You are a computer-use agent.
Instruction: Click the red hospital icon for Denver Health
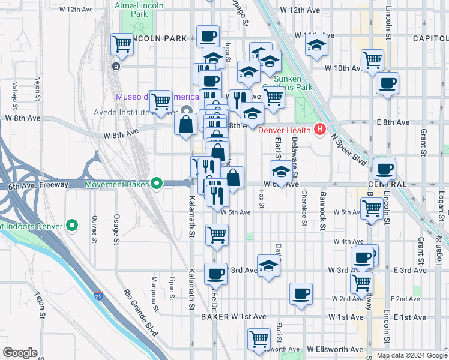coord(320,130)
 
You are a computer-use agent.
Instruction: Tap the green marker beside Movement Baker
coord(157,184)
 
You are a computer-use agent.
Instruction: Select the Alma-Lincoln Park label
coord(140,8)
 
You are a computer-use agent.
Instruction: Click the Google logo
coord(20,353)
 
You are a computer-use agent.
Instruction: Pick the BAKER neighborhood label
coord(215,316)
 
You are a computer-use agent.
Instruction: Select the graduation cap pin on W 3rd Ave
coord(268,265)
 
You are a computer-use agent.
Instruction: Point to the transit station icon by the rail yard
coord(114,65)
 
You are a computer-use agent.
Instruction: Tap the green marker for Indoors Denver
coord(73,226)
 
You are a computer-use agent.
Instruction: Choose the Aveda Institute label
coord(148,112)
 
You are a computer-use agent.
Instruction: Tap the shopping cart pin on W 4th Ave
coord(217,234)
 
